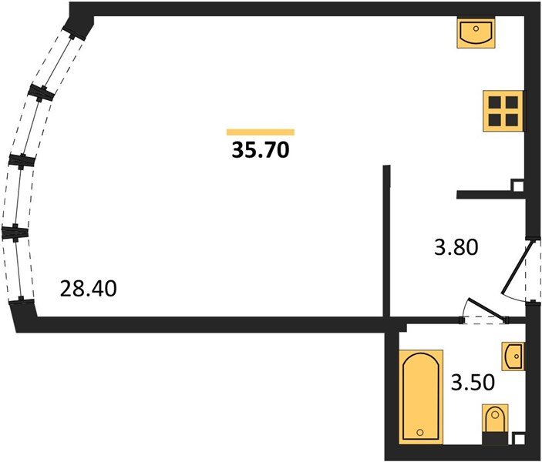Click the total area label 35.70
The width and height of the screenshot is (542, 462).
(261, 150)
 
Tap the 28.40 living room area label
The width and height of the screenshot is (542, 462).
(88, 288)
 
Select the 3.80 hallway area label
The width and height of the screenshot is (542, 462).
(456, 247)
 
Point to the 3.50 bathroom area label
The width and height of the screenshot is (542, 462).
(473, 383)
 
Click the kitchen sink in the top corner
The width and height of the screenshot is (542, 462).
(476, 32)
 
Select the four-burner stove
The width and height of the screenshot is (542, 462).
(503, 111)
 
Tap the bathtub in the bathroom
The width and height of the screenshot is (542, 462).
(421, 397)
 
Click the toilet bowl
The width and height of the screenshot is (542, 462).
(495, 420)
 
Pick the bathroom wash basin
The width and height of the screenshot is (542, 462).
(513, 356)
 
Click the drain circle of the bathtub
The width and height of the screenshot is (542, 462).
(420, 432)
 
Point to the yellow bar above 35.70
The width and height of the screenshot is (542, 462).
(261, 132)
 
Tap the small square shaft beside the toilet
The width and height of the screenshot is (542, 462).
(518, 439)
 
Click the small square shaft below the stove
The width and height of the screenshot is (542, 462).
(518, 186)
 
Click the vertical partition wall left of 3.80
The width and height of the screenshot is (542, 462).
(386, 241)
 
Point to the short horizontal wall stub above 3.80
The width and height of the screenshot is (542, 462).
(491, 195)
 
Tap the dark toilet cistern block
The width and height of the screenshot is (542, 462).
(495, 439)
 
